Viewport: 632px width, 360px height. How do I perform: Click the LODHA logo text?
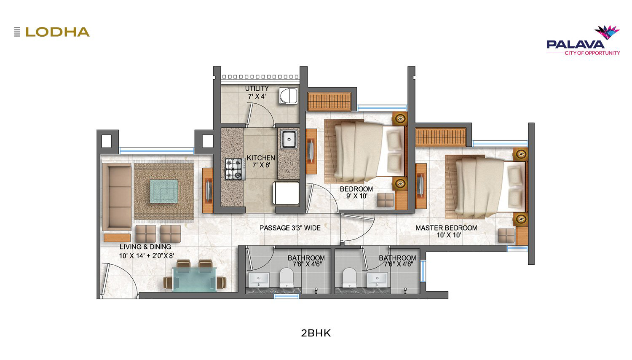pyautogui.click(x=58, y=32)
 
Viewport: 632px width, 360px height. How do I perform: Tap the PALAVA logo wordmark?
pyautogui.click(x=576, y=45)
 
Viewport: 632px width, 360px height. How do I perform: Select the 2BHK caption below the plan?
pyautogui.click(x=316, y=333)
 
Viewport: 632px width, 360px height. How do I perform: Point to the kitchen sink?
pyautogui.click(x=288, y=140)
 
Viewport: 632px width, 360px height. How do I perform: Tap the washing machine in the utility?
pyautogui.click(x=288, y=96)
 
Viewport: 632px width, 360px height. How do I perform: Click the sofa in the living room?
pyautogui.click(x=117, y=197)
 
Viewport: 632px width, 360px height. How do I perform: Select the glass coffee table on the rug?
pyautogui.click(x=164, y=191)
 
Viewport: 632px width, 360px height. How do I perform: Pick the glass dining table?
pyautogui.click(x=194, y=279)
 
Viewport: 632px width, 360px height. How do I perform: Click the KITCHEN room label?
pyautogui.click(x=261, y=158)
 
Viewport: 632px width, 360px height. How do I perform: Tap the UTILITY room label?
pyautogui.click(x=257, y=89)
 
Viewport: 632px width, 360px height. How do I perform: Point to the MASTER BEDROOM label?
pyautogui.click(x=446, y=228)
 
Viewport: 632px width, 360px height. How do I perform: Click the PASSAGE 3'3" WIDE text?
pyautogui.click(x=290, y=228)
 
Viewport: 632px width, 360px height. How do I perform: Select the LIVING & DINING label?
pyautogui.click(x=145, y=247)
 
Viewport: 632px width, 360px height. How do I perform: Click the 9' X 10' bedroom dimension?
pyautogui.click(x=356, y=196)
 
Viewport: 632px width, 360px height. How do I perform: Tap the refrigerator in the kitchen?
pyautogui.click(x=286, y=193)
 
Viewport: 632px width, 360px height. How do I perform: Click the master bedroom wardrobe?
pyautogui.click(x=441, y=137)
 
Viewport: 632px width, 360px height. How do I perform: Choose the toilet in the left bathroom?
pyautogui.click(x=286, y=277)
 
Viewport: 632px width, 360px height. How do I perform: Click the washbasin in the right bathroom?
pyautogui.click(x=377, y=279)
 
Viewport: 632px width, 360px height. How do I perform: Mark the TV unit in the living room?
pyautogui.click(x=208, y=190)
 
